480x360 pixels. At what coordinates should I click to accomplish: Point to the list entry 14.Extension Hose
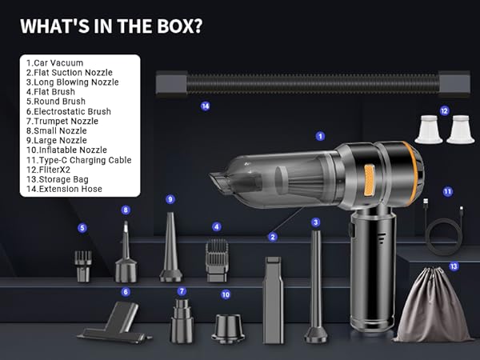click(x=64, y=190)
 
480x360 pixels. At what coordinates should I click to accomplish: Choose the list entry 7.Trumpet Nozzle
click(x=62, y=121)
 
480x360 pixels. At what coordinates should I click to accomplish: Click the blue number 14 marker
click(x=206, y=106)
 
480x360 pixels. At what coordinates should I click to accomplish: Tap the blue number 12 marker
click(x=444, y=111)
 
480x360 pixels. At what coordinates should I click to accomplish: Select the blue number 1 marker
click(x=320, y=137)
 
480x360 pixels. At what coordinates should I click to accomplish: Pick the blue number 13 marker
click(x=454, y=266)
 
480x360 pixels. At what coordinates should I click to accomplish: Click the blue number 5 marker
click(x=82, y=228)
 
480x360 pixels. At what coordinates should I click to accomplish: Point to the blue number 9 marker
click(x=170, y=198)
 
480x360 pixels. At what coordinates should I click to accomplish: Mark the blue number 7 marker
click(x=182, y=291)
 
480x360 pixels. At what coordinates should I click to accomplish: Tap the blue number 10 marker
click(x=226, y=294)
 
